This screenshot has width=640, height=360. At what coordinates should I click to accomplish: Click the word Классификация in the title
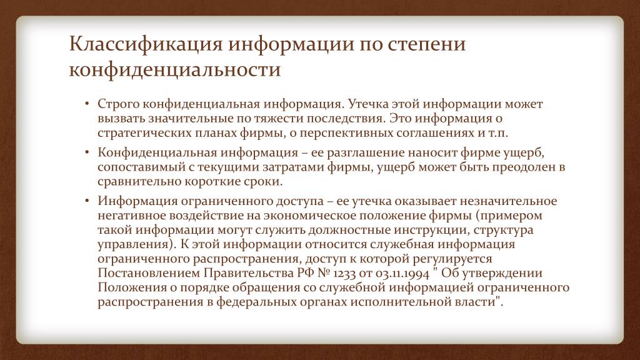(x=146, y=45)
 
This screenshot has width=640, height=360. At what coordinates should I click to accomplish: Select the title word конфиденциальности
(x=175, y=69)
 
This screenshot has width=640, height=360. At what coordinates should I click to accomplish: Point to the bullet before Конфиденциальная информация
(x=87, y=152)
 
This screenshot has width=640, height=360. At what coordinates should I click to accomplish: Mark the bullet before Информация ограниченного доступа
(x=87, y=201)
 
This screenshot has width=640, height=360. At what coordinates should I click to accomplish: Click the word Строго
(x=118, y=104)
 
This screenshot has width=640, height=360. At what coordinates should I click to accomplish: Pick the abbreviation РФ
(x=306, y=272)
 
